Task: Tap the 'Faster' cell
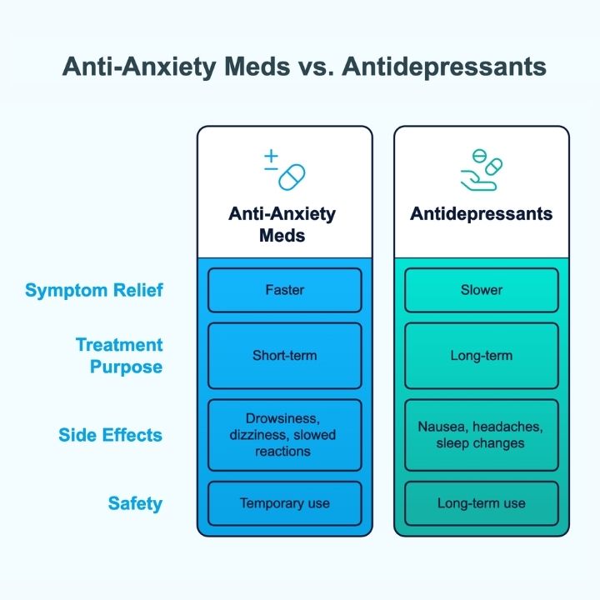(285, 290)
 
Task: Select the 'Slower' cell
(482, 290)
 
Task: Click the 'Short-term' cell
(285, 356)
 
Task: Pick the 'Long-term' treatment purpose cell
(482, 356)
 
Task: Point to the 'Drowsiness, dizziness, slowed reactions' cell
(285, 435)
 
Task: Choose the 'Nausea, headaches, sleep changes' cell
(482, 435)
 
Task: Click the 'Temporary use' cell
(285, 503)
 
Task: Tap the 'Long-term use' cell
(482, 503)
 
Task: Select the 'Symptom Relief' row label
(94, 290)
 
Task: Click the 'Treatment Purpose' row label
(119, 356)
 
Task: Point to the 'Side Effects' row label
(110, 435)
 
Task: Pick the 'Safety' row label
(135, 503)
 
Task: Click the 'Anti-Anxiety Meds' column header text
(282, 224)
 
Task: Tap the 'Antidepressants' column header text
(481, 213)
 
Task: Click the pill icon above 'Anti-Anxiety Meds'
(292, 177)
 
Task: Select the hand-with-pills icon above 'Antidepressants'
(482, 170)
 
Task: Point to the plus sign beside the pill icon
(272, 156)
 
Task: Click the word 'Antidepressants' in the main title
(444, 67)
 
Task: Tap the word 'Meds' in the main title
(257, 67)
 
